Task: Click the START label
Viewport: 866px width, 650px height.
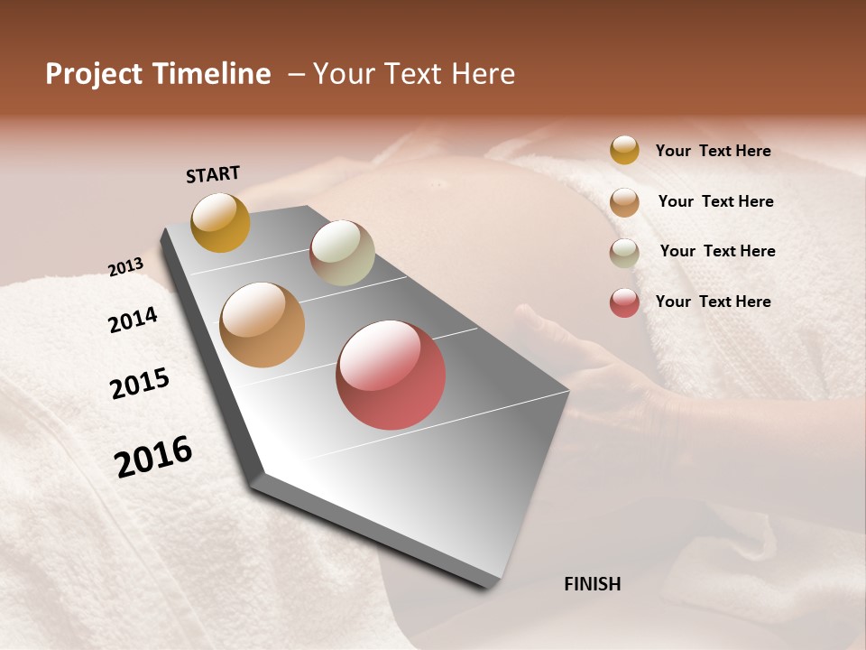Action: coord(213,174)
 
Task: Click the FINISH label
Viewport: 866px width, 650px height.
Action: coord(592,584)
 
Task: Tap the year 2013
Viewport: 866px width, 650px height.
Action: coord(125,267)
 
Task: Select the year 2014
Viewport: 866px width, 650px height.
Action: coord(133,320)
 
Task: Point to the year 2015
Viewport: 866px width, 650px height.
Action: coord(140,384)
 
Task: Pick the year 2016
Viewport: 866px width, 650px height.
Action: coord(153,457)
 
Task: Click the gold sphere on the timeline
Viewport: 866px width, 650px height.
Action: coord(220,222)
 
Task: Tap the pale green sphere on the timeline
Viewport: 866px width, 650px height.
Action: coord(342,253)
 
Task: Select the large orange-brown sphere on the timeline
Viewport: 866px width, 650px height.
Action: coord(263,325)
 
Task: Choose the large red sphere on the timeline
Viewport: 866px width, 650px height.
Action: coord(391,375)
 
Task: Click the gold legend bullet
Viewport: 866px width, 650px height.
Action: coord(624,151)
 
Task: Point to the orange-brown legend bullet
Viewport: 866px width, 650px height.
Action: coord(624,202)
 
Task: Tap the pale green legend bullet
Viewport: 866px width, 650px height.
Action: coord(624,253)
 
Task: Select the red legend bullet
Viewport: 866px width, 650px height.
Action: coord(624,302)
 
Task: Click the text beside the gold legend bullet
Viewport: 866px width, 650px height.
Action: coord(713,151)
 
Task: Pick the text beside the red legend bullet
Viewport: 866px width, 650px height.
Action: coord(713,302)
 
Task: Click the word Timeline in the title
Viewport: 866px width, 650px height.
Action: coord(213,74)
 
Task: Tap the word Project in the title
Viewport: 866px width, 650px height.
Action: coord(94,74)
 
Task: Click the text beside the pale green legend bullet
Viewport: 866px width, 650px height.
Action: coord(717,251)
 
